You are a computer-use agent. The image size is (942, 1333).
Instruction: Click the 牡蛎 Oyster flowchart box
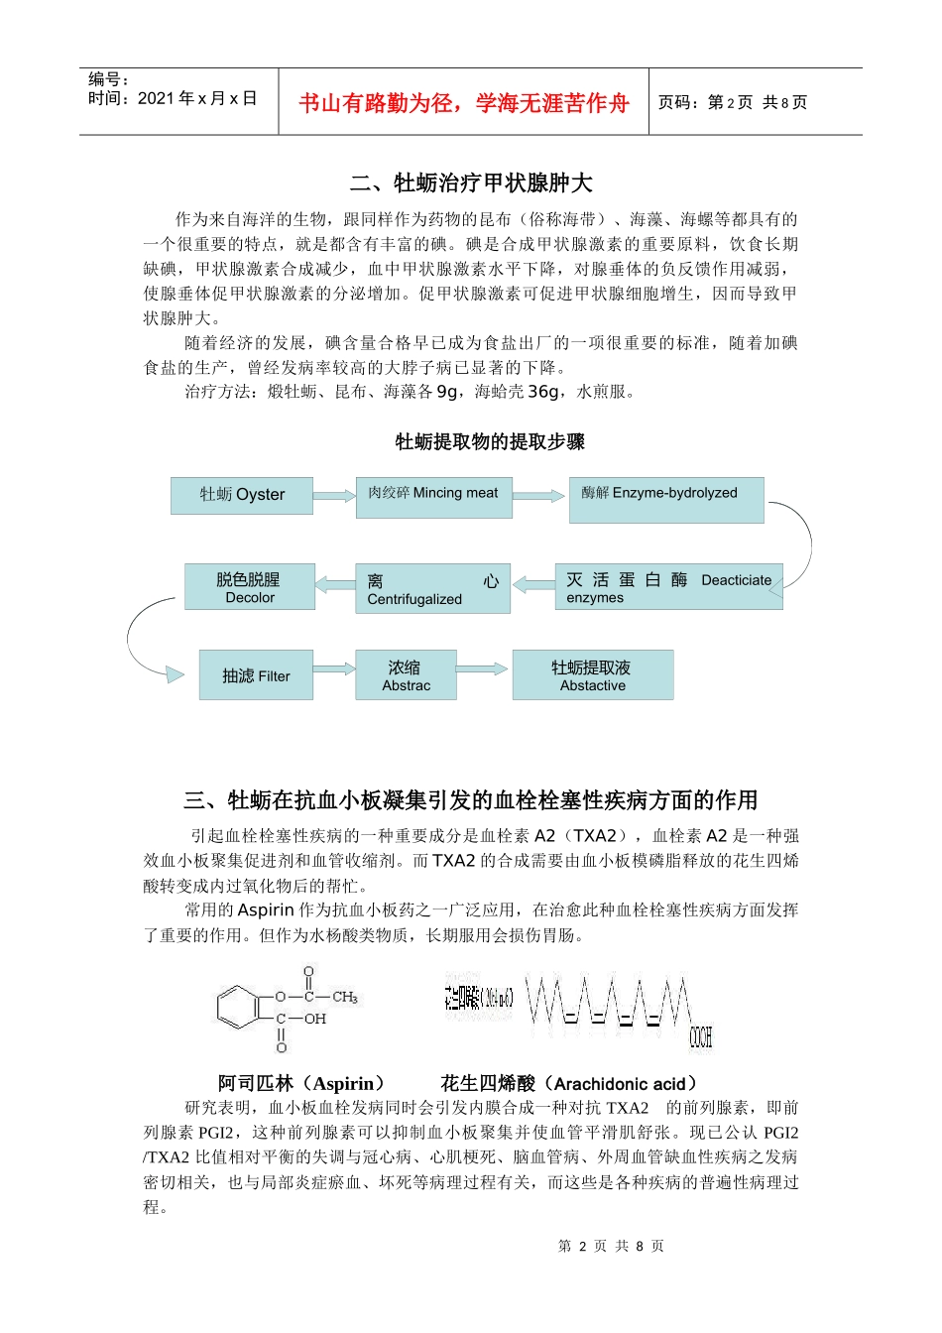click(x=242, y=495)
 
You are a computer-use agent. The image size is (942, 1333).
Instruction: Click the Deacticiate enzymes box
click(x=667, y=587)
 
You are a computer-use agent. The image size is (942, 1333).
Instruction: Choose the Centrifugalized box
click(x=432, y=589)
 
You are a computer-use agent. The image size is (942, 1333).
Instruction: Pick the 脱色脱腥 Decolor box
click(x=249, y=587)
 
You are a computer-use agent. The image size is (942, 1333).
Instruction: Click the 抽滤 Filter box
click(x=256, y=675)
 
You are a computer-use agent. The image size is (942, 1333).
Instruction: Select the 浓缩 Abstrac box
click(x=406, y=675)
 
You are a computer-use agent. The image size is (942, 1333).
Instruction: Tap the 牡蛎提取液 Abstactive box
click(x=592, y=675)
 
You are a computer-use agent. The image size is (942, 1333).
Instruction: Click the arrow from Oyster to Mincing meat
click(x=334, y=495)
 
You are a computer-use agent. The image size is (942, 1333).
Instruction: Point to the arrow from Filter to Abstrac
click(x=334, y=669)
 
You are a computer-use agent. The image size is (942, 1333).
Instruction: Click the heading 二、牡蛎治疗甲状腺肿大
click(x=471, y=182)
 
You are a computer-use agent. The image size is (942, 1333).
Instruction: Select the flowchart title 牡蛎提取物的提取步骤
click(x=490, y=441)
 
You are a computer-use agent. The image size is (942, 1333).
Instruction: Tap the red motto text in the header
click(x=463, y=103)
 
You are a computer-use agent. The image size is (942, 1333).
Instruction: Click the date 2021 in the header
click(x=156, y=98)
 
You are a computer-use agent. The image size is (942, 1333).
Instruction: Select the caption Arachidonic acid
click(x=569, y=1083)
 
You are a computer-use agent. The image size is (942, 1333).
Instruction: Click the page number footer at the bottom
click(x=611, y=1246)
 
